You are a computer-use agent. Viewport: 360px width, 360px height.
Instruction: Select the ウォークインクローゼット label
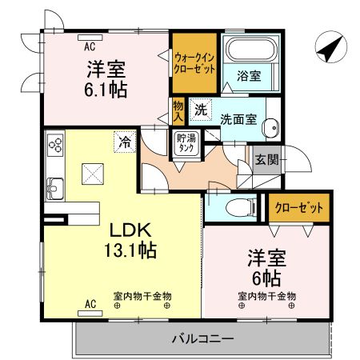(x=194, y=62)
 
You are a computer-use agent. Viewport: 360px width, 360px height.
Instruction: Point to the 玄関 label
(x=266, y=159)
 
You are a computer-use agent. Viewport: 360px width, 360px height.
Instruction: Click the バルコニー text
(x=202, y=339)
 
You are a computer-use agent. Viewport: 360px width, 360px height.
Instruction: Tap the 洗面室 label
(x=238, y=118)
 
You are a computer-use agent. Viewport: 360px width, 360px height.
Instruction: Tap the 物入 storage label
(x=178, y=110)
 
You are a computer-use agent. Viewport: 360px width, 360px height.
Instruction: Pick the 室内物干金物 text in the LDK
(x=141, y=296)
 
